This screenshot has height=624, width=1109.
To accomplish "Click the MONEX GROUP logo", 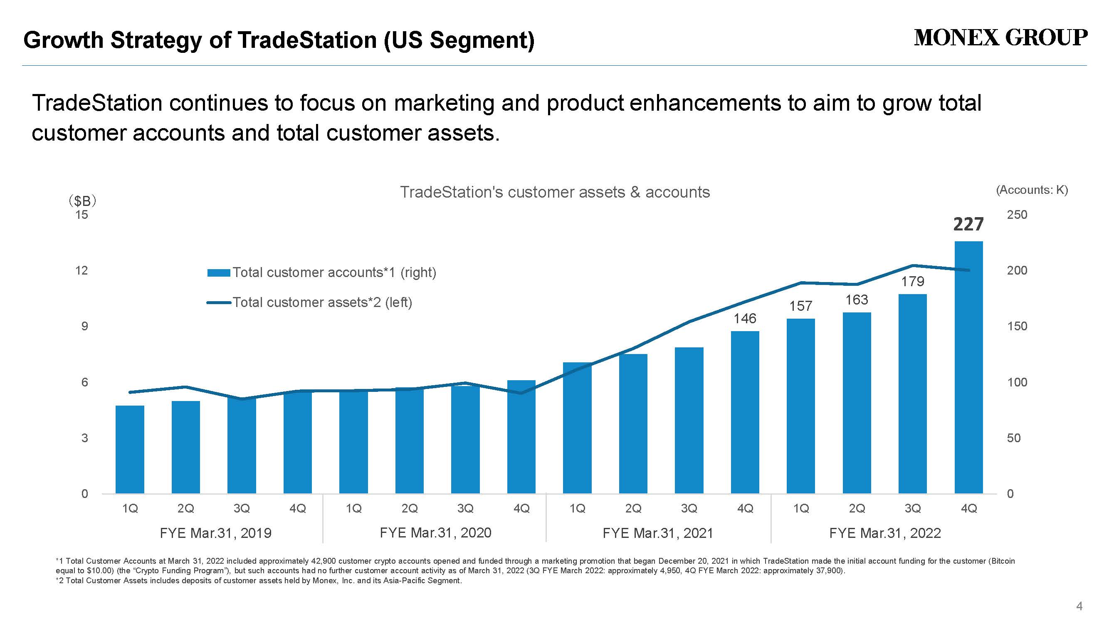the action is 1000,38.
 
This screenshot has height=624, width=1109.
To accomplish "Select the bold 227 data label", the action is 968,224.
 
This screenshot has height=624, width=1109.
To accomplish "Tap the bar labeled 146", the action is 745,412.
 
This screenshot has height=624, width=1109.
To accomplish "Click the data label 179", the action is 913,282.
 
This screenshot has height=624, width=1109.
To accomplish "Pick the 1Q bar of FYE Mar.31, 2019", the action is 130,450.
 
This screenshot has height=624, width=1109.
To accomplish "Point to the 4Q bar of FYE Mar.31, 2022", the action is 968,367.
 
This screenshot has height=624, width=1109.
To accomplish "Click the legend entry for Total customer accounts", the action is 321,272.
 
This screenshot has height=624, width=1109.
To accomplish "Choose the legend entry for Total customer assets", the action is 309,302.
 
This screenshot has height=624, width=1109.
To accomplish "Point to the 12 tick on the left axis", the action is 82,270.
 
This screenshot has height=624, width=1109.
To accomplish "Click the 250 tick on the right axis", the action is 1017,215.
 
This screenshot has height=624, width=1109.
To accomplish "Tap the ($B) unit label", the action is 82,201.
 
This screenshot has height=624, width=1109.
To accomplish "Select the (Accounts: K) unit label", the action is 1032,190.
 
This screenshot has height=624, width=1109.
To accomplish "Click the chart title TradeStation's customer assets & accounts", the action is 555,192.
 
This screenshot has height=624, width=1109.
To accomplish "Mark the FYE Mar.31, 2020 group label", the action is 435,533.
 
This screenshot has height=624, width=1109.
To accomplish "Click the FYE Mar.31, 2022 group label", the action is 885,533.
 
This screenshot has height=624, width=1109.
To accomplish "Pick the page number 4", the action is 1079,607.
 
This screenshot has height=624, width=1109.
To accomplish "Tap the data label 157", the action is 801,306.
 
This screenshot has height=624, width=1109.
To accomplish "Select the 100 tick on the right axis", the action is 1017,382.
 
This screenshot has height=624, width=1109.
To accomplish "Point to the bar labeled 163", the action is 857,403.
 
